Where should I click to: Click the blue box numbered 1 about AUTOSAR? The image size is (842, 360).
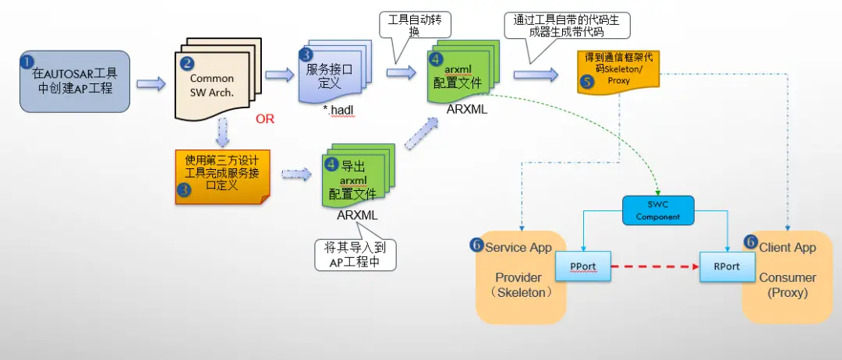tap(75, 82)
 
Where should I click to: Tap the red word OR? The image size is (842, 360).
tap(265, 120)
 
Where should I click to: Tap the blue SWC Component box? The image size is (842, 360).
tap(658, 210)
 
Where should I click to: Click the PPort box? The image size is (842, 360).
tap(583, 266)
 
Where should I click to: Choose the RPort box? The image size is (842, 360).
tap(727, 266)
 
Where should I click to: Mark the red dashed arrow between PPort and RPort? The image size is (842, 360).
tap(654, 266)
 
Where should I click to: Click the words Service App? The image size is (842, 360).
tap(518, 247)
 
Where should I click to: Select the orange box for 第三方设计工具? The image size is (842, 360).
tap(222, 177)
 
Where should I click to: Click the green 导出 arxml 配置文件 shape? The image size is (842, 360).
tap(356, 178)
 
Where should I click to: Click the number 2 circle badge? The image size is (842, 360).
tap(186, 62)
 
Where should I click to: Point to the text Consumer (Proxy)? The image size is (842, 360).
tap(787, 285)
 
